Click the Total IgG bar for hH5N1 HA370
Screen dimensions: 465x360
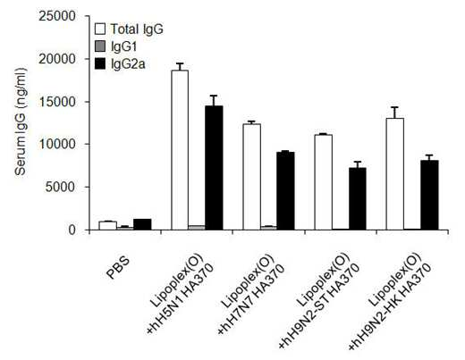(x=180, y=150)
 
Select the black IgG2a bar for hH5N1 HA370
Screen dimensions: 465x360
(x=214, y=168)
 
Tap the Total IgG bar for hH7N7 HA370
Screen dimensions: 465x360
(x=251, y=177)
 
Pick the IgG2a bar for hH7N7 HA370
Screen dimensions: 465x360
(x=285, y=191)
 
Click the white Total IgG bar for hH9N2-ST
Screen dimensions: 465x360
(x=324, y=182)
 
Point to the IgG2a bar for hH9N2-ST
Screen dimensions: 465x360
(x=358, y=198)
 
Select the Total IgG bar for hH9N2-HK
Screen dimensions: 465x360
(x=395, y=174)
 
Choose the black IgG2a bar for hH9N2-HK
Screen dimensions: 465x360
(x=429, y=195)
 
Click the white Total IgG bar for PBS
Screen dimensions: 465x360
(x=107, y=226)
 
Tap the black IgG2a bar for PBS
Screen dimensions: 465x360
(x=142, y=224)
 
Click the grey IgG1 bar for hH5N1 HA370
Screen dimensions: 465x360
(x=197, y=228)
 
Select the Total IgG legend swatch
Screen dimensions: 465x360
(x=100, y=29)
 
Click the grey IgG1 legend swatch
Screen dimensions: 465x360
(x=100, y=46)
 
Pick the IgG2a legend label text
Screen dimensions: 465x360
(x=128, y=64)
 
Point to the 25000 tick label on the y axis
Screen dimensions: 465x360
(x=57, y=16)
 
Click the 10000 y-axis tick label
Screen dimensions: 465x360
(x=57, y=145)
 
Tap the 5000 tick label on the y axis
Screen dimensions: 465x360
(x=61, y=188)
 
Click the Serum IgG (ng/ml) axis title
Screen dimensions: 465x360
(x=21, y=121)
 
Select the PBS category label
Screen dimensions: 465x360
(x=118, y=268)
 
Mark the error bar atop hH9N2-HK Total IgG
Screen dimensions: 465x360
(x=395, y=113)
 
